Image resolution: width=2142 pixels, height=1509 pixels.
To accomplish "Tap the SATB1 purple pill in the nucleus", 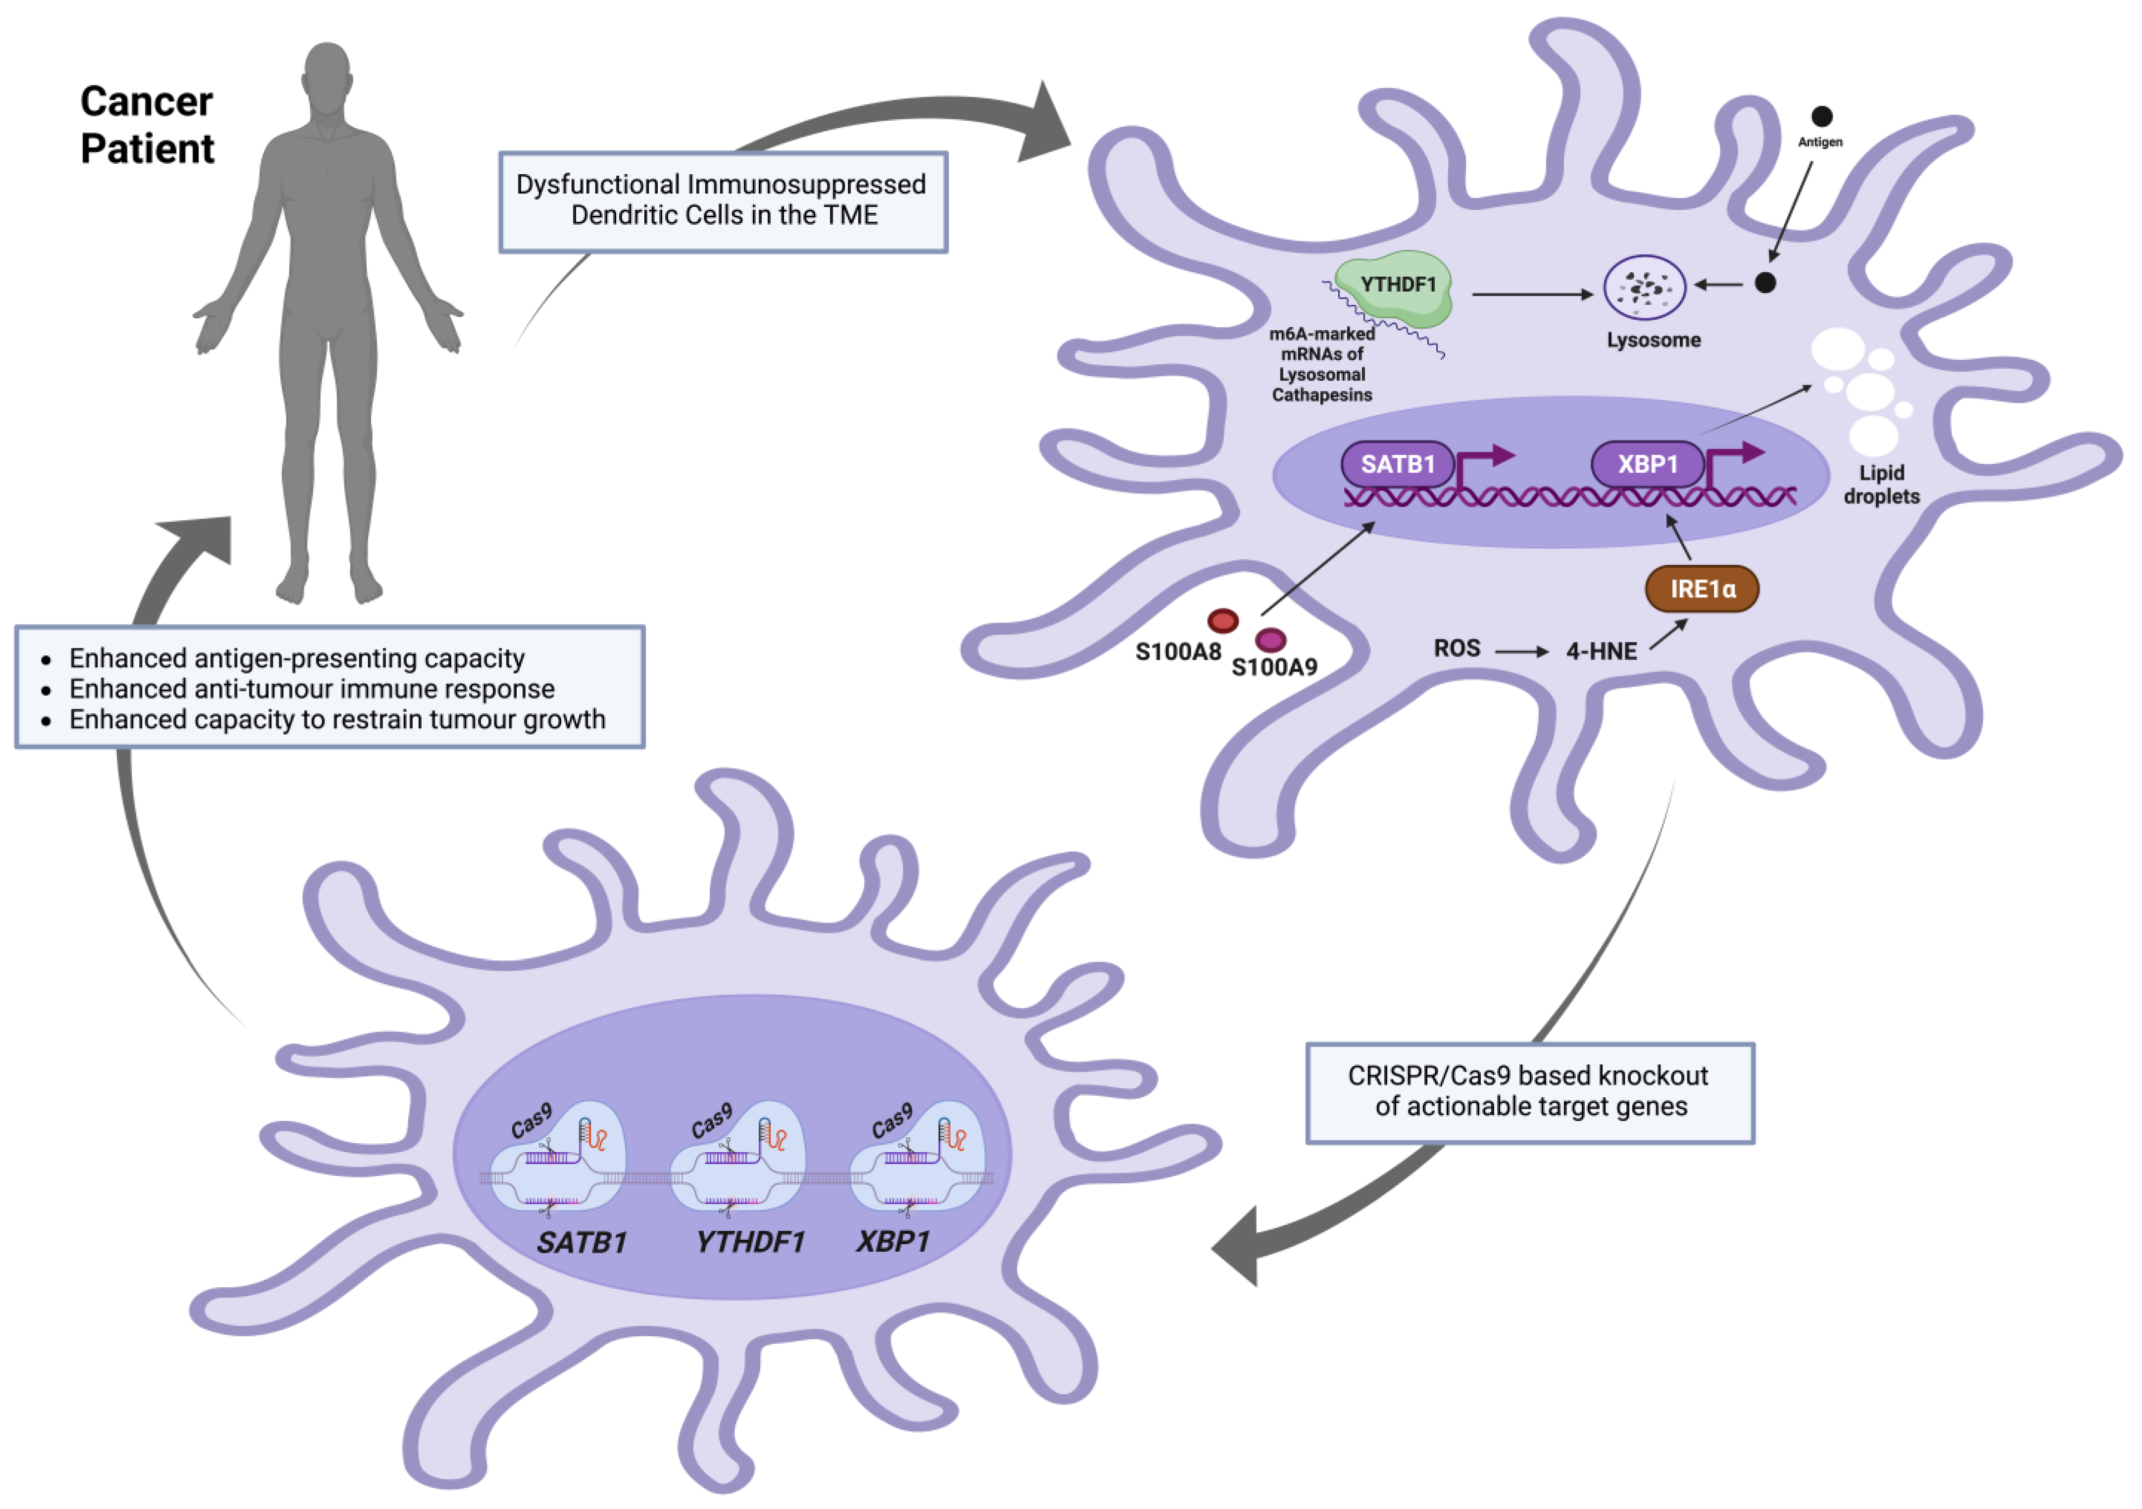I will click(x=1397, y=464).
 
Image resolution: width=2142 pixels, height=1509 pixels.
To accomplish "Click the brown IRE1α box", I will click(x=1702, y=589).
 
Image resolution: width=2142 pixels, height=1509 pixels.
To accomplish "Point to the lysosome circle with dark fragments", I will click(x=1644, y=288).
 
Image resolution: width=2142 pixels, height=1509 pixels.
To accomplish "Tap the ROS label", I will click(x=1457, y=648).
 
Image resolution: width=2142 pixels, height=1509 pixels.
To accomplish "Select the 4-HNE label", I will click(x=1601, y=651).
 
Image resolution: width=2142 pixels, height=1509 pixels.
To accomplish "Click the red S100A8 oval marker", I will click(x=1222, y=621).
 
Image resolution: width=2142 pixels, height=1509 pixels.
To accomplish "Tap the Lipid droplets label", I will click(x=1881, y=485).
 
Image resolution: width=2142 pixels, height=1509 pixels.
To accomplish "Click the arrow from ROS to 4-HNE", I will click(x=1521, y=651).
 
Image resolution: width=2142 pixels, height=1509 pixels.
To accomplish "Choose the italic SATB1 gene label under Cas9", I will click(x=581, y=1242).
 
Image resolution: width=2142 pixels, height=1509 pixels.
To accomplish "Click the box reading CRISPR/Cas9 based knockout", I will click(x=1529, y=1092).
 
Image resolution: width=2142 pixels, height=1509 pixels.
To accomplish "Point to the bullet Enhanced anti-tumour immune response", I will click(x=312, y=689).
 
